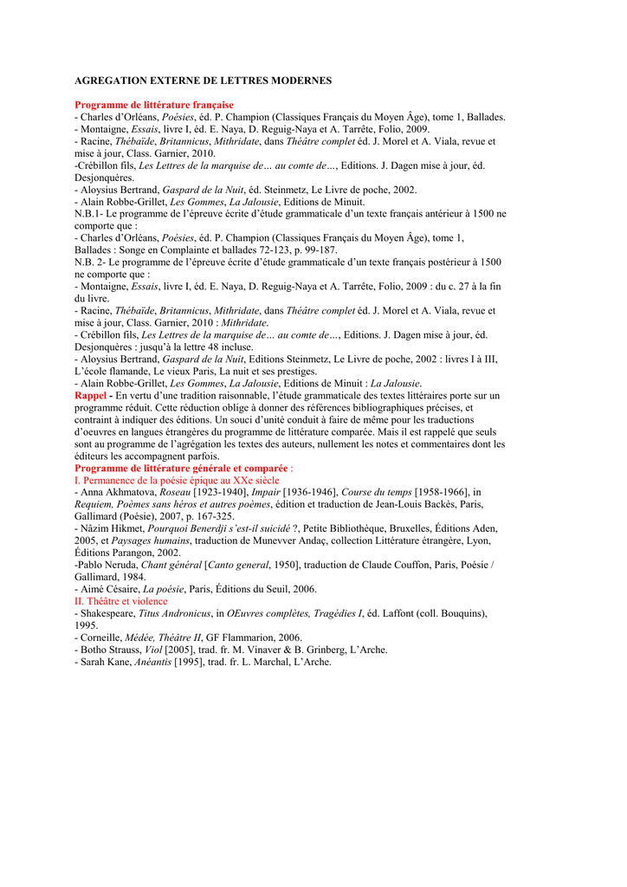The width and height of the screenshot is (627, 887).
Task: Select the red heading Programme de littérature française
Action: (x=154, y=105)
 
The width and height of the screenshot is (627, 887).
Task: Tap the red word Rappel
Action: (x=91, y=395)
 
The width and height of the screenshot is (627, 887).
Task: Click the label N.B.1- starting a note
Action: (x=88, y=213)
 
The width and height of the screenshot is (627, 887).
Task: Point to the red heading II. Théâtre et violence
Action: (x=121, y=601)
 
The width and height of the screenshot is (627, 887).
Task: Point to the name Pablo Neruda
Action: (x=107, y=565)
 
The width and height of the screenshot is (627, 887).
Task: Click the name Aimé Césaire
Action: (x=108, y=589)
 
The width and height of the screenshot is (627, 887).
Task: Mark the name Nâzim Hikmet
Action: (x=111, y=528)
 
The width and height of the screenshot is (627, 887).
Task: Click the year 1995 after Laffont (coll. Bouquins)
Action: (x=87, y=625)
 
